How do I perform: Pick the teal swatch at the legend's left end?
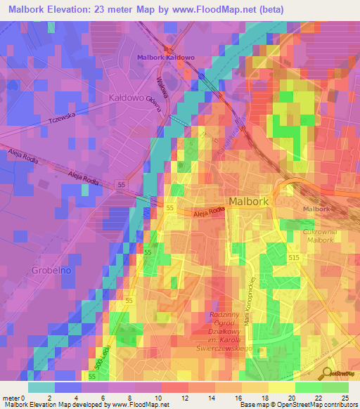click(41, 387)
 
